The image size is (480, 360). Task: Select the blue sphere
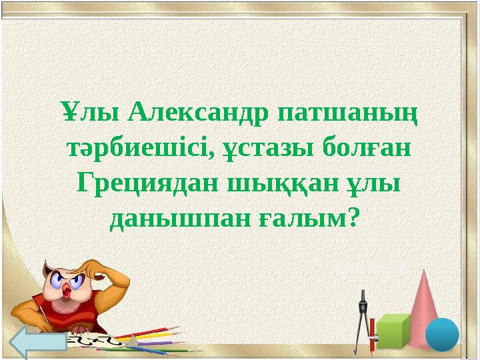tap(442, 334)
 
